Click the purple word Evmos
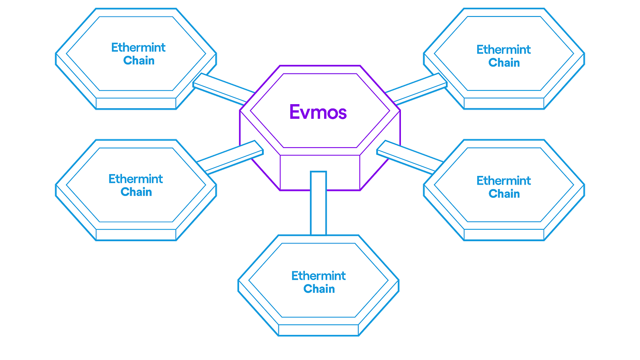318,111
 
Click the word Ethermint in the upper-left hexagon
138,48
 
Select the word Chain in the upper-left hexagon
139,60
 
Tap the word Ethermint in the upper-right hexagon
503,49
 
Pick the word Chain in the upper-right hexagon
504,63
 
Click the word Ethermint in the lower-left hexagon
135,179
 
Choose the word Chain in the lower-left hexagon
136,192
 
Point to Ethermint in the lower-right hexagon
503,180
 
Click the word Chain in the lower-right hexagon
504,194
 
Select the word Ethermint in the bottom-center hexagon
318,275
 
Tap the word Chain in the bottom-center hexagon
319,289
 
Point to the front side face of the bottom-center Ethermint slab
318,330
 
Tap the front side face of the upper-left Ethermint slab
136,103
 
